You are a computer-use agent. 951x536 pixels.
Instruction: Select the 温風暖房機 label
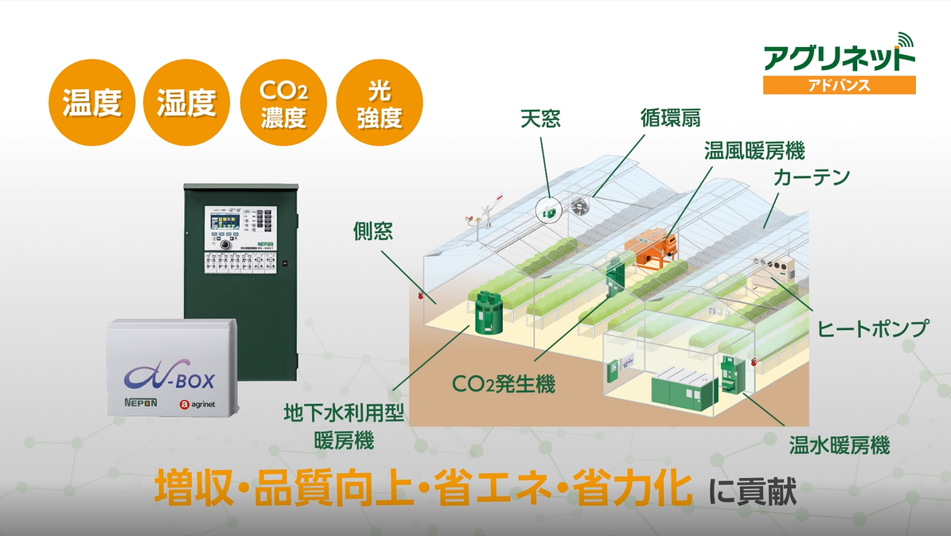(x=754, y=150)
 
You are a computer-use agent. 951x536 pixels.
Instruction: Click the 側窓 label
(x=374, y=231)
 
